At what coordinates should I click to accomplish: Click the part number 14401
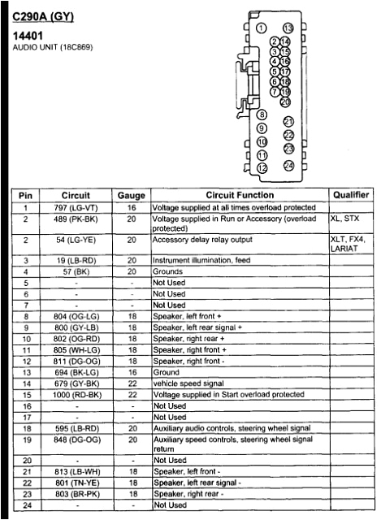click(29, 37)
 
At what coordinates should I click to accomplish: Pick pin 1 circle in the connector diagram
click(261, 28)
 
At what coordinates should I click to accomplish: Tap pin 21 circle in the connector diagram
click(288, 121)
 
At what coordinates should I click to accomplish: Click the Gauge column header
click(131, 196)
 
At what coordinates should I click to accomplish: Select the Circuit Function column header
click(240, 196)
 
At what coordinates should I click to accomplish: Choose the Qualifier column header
click(351, 196)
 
